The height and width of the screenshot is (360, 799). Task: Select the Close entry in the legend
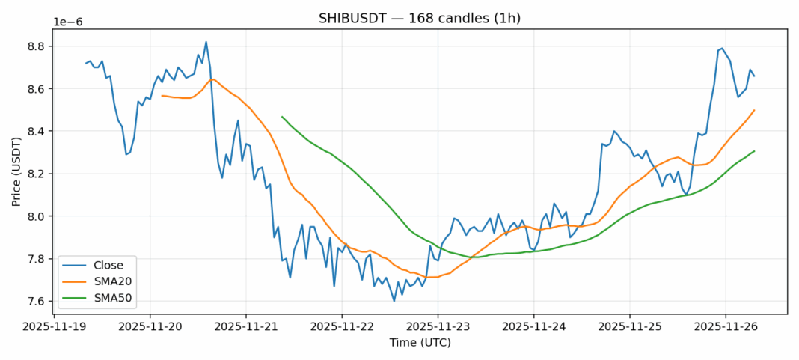click(104, 264)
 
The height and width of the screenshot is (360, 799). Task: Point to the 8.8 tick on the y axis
click(37, 46)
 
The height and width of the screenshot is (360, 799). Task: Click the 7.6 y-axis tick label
click(37, 302)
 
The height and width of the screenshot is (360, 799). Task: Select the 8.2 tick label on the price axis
click(37, 174)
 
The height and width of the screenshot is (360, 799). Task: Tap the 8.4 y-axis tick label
click(37, 132)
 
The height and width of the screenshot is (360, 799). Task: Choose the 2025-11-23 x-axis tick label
click(438, 327)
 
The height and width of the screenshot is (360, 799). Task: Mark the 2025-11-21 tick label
click(245, 327)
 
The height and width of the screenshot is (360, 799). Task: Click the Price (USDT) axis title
click(17, 171)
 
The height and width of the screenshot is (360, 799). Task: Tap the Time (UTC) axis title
click(419, 342)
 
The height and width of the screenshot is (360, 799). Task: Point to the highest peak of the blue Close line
click(206, 42)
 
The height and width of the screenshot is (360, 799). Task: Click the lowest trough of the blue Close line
click(394, 301)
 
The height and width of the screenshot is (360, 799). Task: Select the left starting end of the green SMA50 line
click(282, 117)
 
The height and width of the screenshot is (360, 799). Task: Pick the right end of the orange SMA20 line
click(754, 110)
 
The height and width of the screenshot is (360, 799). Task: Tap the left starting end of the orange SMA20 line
click(162, 96)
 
